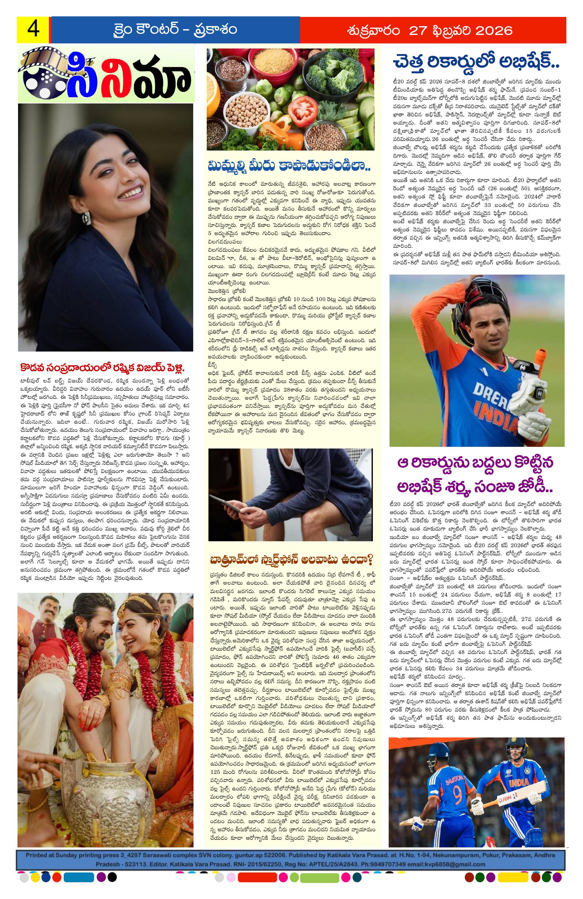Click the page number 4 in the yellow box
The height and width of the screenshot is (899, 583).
click(33, 29)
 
